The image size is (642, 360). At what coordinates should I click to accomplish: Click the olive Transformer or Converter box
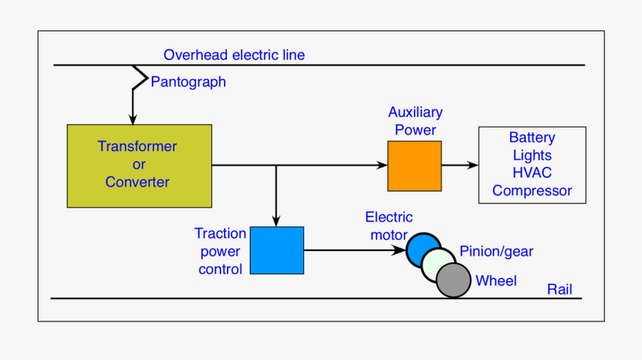click(x=139, y=166)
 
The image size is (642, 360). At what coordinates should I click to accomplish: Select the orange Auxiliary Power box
click(x=414, y=166)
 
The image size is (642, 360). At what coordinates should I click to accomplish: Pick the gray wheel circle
click(x=454, y=279)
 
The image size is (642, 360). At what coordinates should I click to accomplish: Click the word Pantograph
click(x=188, y=82)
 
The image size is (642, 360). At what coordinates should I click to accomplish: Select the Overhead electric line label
click(x=234, y=55)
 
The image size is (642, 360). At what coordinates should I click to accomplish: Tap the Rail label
click(x=559, y=289)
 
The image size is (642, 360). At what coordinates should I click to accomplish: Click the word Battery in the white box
click(x=531, y=138)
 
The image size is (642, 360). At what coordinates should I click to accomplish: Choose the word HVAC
click(x=531, y=173)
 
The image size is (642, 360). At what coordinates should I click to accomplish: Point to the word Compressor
click(x=531, y=190)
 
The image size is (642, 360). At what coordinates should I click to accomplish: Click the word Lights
click(x=531, y=155)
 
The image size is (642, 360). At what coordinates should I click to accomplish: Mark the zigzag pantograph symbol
click(x=138, y=78)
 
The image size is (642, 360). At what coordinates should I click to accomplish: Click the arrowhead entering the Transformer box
click(x=132, y=119)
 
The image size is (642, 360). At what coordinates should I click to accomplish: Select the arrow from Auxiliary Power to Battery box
click(x=460, y=165)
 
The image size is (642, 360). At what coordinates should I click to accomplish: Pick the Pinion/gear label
click(x=496, y=251)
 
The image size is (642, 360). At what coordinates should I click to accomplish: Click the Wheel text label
click(x=496, y=281)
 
